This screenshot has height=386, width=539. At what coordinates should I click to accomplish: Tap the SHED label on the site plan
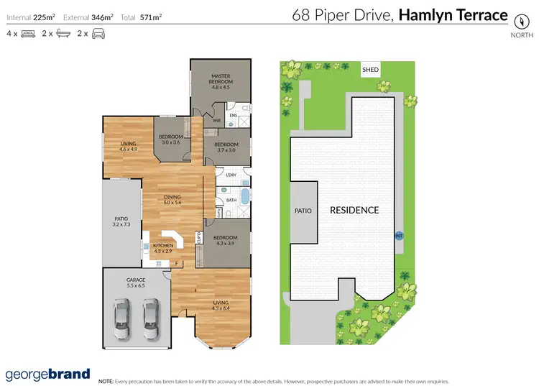point(370,70)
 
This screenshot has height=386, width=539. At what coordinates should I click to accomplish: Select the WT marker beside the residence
point(399,235)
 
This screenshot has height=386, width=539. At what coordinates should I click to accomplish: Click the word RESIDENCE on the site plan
point(354,211)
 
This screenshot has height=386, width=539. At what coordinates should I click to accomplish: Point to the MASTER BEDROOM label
point(220,81)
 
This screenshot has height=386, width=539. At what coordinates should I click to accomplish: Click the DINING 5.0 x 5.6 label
point(172,200)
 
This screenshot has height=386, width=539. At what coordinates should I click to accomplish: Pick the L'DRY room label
point(231,175)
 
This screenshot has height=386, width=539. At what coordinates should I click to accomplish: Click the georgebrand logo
point(48,374)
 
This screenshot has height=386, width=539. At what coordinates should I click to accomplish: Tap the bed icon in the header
point(29,34)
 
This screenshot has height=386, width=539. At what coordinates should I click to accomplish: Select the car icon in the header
point(98,34)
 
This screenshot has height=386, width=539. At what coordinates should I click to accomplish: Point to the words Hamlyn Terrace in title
point(453,14)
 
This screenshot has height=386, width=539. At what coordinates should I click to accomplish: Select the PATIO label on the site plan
point(303,211)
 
